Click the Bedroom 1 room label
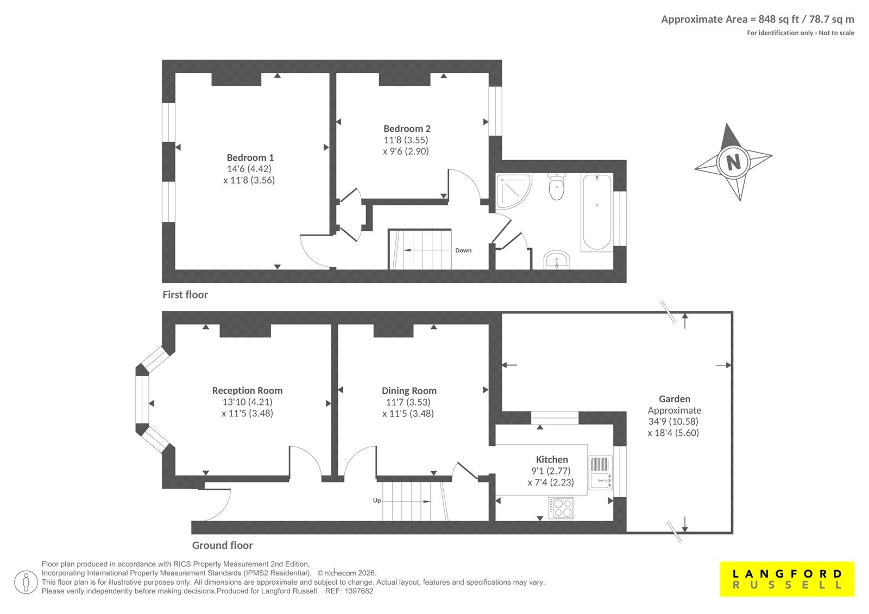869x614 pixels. tap(250, 157)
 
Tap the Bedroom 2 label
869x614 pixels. tap(407, 128)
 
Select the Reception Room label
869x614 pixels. tap(247, 390)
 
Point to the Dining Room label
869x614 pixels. tap(409, 390)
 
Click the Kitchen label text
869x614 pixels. tap(552, 460)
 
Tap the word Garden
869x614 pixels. tap(674, 398)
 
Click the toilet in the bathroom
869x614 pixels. tap(557, 187)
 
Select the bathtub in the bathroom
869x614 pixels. tap(597, 212)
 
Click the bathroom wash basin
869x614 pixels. tap(557, 260)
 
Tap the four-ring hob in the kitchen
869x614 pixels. tap(561, 508)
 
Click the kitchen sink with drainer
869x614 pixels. tap(600, 473)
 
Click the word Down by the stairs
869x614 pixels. tap(463, 251)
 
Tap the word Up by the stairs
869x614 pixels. tap(377, 501)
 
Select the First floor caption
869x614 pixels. tap(185, 295)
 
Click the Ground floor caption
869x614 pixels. tap(222, 546)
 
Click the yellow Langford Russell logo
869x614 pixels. tap(787, 579)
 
